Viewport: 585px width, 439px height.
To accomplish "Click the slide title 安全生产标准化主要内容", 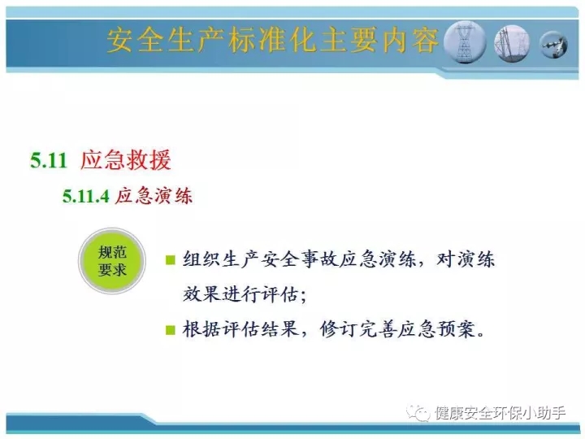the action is (272, 41).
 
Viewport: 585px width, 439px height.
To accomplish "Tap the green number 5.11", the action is (49, 160).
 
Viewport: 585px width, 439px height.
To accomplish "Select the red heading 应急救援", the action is (126, 160).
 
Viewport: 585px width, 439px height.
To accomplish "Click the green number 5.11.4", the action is (85, 197).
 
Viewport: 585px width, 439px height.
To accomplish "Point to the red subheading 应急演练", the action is (154, 196).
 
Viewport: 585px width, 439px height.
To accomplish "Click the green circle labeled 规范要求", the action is (112, 261).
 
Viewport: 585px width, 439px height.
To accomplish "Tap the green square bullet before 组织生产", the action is (170, 259).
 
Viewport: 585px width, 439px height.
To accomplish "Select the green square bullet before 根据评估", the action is (170, 330).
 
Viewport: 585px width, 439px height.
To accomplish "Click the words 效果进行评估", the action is (240, 294).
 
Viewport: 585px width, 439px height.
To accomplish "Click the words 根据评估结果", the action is (240, 329).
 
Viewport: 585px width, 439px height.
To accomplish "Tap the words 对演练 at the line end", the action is (466, 259).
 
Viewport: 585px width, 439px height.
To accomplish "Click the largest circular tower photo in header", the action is (465, 41).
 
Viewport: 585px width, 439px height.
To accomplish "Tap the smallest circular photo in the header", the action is (553, 45).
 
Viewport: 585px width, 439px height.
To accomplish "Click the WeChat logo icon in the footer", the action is (418, 412).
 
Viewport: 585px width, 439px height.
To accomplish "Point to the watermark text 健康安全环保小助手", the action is (500, 413).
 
